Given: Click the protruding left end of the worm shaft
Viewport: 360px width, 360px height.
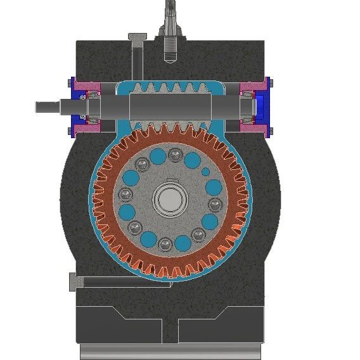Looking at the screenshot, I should click(x=48, y=106).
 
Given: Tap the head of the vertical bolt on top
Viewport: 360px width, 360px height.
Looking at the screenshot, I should click(x=138, y=37).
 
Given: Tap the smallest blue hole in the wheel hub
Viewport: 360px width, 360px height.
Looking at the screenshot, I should click(x=205, y=172).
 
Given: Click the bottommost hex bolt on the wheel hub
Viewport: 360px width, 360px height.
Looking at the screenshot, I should click(x=165, y=243).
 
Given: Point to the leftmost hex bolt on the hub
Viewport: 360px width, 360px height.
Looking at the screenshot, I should click(x=125, y=195).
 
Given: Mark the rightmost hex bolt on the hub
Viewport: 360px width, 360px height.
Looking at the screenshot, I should click(x=215, y=204).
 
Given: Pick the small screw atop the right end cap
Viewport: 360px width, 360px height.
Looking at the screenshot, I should click(x=268, y=80).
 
